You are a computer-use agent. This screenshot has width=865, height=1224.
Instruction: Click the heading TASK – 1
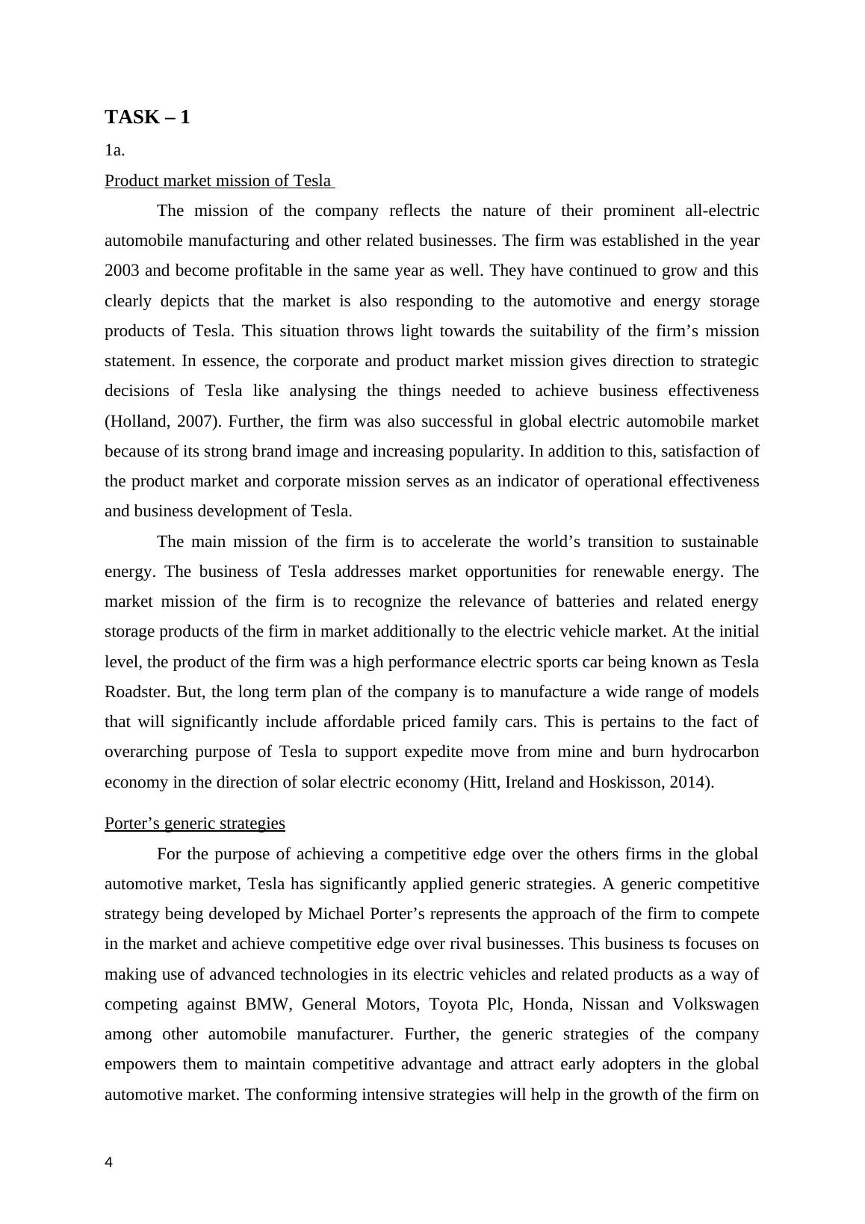pyautogui.click(x=147, y=117)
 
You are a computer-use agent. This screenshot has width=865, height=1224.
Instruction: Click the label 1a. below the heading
pyautogui.click(x=114, y=150)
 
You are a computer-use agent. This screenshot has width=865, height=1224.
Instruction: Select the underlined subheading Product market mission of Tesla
pyautogui.click(x=217, y=181)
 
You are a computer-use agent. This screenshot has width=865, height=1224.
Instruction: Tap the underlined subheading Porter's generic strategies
pyautogui.click(x=194, y=823)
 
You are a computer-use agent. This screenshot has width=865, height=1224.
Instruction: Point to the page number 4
pyautogui.click(x=109, y=1163)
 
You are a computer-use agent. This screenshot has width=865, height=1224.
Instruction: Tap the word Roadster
pyautogui.click(x=137, y=692)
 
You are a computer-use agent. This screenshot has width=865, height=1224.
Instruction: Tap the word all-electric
pyautogui.click(x=722, y=211)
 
